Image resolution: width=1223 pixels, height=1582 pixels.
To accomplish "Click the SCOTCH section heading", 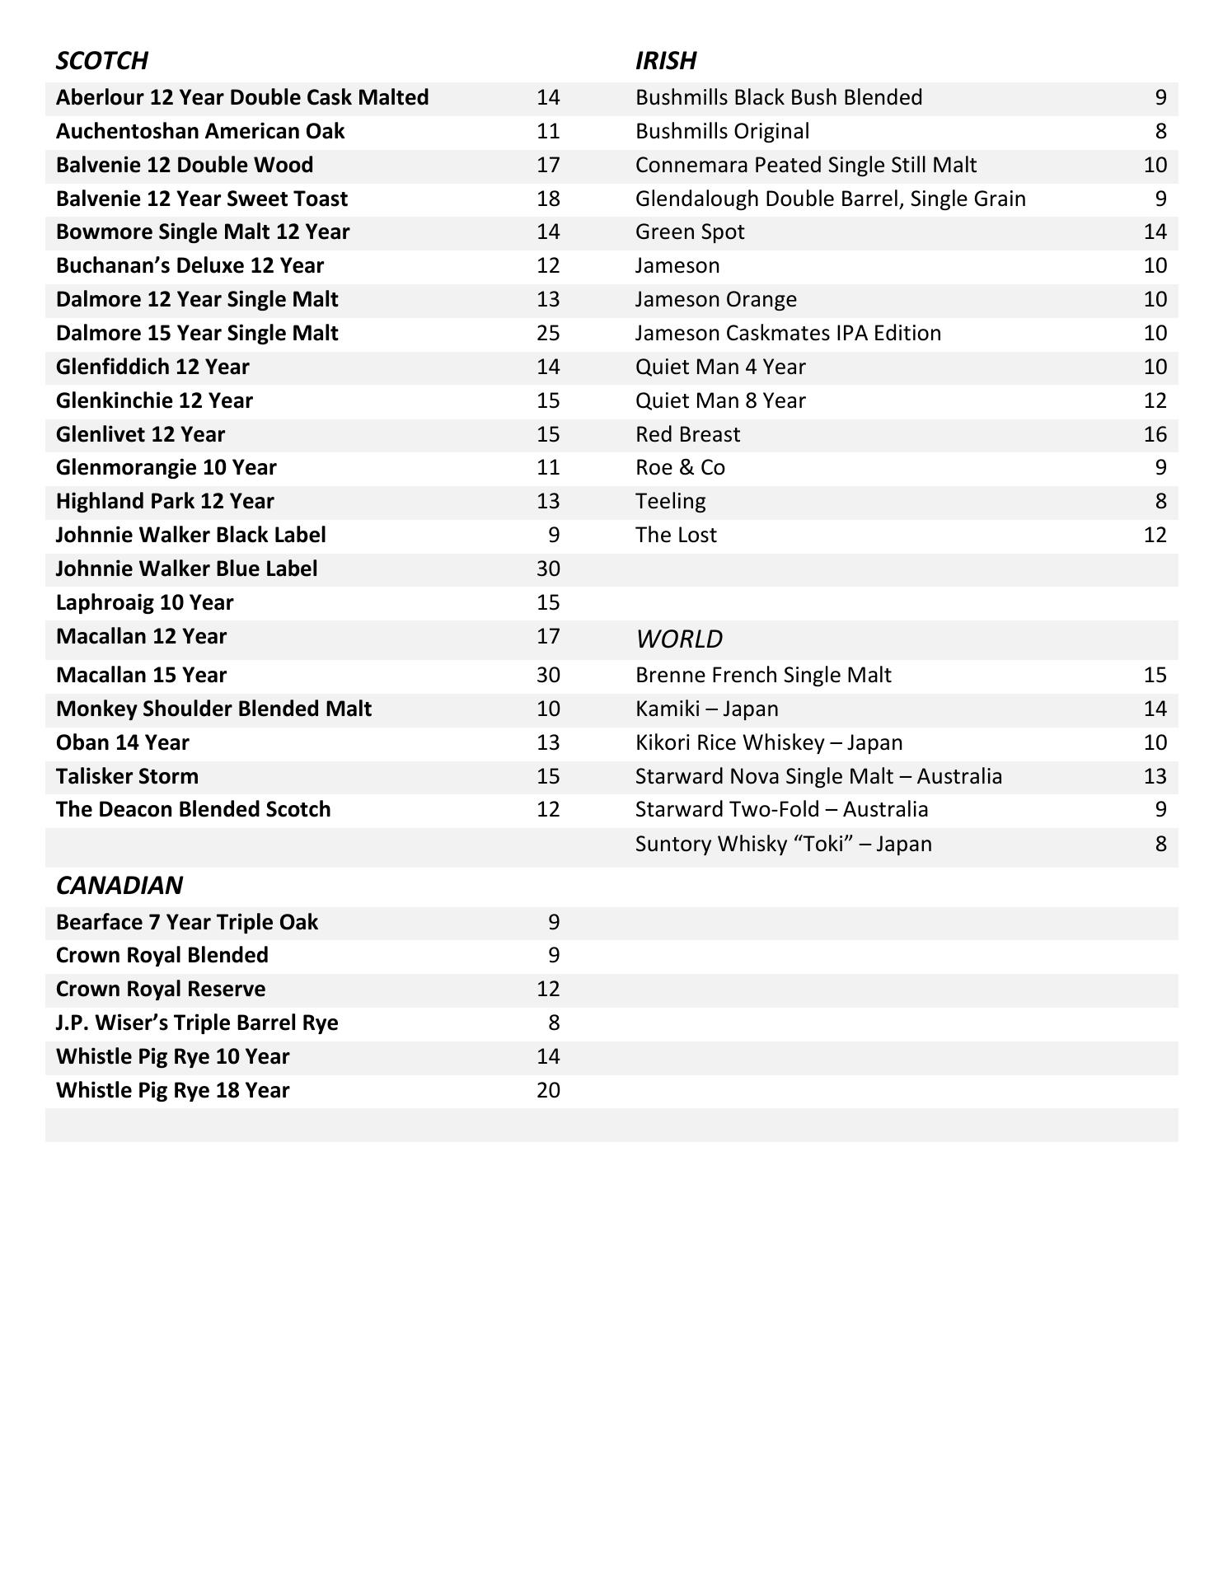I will point(101,61).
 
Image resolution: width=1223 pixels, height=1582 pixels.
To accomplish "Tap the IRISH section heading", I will point(665,61).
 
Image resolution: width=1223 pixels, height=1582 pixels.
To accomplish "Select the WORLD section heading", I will point(678,639).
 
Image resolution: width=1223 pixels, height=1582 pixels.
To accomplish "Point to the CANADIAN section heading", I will point(119,886).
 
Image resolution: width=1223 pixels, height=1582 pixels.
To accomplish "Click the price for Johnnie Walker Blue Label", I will point(548,569).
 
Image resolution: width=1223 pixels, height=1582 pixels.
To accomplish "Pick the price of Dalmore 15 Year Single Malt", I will point(548,334).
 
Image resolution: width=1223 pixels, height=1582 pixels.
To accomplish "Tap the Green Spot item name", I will point(689,232).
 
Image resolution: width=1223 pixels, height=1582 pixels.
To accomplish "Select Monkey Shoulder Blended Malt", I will point(213,709).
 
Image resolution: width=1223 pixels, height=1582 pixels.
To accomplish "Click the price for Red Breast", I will point(1155,435).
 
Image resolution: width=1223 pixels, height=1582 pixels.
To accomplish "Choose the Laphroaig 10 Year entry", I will point(144,603).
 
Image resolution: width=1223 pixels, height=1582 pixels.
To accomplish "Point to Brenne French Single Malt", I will point(762,676).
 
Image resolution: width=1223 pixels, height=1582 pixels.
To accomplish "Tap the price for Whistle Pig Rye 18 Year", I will point(548,1091).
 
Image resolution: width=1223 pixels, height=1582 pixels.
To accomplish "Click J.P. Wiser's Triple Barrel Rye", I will point(197,1023).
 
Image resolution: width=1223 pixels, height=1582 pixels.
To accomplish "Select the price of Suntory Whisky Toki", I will point(1160,845).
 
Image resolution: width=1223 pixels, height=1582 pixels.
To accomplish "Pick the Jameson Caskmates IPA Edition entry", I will point(787,334).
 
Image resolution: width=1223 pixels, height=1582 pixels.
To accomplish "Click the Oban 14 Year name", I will point(122,743).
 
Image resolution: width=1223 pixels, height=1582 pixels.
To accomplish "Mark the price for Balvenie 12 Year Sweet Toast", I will point(548,199).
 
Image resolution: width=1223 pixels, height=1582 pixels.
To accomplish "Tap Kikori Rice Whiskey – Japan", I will point(768,743).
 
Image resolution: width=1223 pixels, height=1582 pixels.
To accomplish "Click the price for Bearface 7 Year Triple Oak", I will point(554,923).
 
